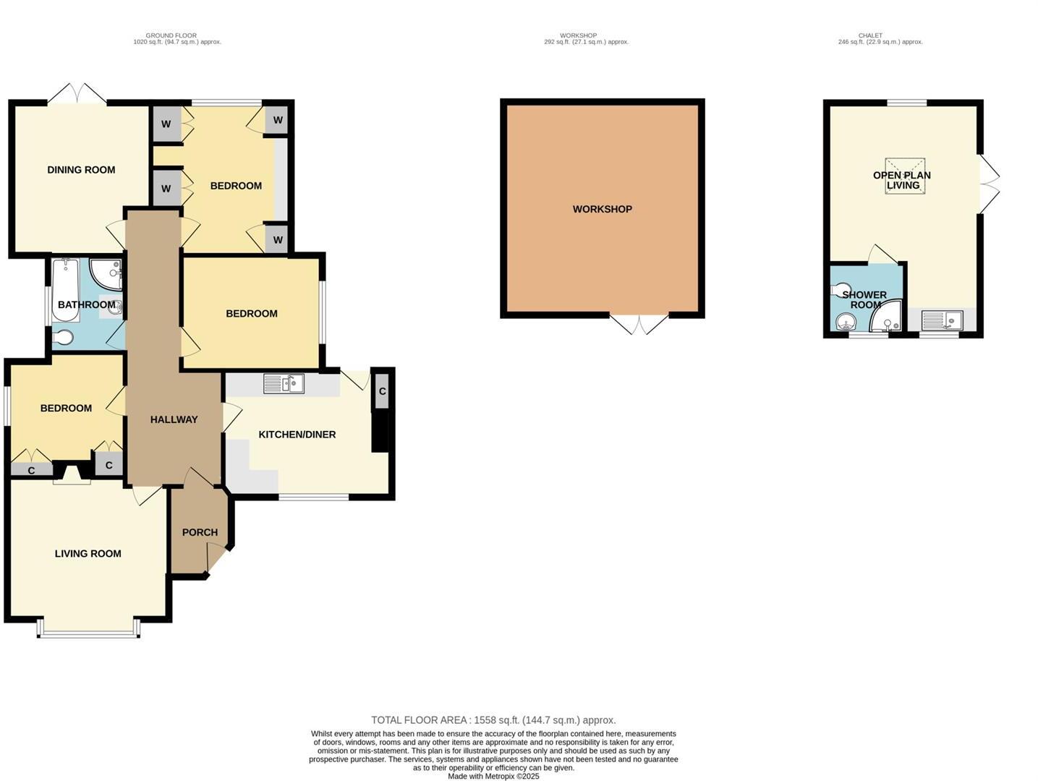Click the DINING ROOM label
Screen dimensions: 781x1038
pos(81,170)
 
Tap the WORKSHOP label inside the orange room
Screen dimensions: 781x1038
pos(602,209)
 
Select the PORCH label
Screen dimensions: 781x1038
pos(200,532)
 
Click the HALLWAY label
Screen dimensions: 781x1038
pos(174,419)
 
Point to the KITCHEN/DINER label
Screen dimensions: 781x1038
pos(297,435)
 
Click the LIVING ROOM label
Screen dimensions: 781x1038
pos(88,554)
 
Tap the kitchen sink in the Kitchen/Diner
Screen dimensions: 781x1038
pos(284,384)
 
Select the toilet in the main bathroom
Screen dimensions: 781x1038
pos(63,338)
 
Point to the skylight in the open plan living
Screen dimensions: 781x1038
pos(905,176)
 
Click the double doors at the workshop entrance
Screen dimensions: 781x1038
pos(639,324)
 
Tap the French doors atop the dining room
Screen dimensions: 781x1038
pos(77,94)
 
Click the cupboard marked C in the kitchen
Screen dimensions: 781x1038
pos(382,391)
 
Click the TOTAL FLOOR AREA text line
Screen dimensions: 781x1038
pos(493,720)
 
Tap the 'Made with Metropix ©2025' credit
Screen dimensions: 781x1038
pos(493,776)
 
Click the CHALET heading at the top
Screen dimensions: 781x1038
pos(870,35)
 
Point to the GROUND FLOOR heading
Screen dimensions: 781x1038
pos(171,35)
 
